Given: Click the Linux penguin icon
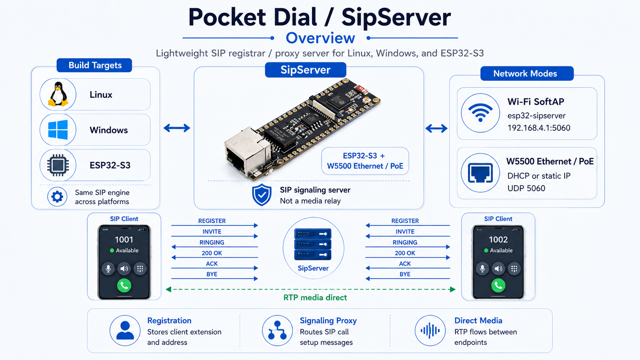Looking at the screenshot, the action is (58, 94).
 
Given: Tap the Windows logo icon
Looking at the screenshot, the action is (58, 130).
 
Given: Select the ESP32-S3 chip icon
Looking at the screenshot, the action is (58, 165).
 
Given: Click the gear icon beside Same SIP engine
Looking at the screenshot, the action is (57, 197).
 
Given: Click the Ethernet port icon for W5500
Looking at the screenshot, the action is (480, 173).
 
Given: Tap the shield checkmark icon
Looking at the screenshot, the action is (262, 195).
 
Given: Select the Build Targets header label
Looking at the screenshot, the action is (95, 65).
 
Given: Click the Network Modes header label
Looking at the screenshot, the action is (525, 74).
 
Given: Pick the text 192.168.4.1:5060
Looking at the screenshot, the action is (539, 128).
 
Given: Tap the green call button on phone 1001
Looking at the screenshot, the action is (124, 285).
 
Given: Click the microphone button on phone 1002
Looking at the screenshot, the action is (482, 269).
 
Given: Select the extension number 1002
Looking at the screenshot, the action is (498, 239).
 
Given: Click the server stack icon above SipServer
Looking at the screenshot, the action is (313, 244).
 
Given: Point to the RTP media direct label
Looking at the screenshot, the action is (315, 298).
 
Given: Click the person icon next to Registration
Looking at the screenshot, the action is (125, 330).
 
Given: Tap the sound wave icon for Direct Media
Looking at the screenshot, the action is (430, 331).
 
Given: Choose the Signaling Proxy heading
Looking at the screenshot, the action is (328, 321).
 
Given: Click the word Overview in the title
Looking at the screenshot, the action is (320, 38).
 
